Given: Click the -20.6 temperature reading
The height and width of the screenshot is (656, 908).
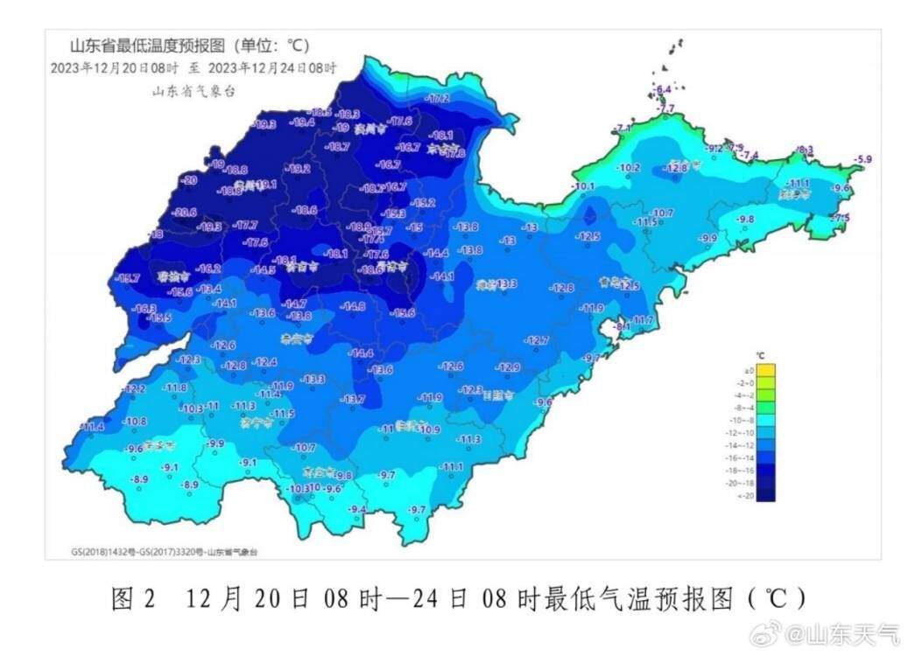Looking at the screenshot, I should pyautogui.click(x=185, y=212).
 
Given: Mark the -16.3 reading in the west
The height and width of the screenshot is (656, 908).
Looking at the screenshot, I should pyautogui.click(x=144, y=308).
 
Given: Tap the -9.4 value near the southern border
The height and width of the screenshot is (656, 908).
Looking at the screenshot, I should pyautogui.click(x=357, y=509).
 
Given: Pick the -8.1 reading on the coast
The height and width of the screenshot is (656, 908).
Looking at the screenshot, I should pyautogui.click(x=623, y=326).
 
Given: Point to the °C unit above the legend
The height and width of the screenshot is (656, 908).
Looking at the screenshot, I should pyautogui.click(x=760, y=355).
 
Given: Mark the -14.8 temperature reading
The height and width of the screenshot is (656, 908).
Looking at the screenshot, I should pyautogui.click(x=353, y=306).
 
